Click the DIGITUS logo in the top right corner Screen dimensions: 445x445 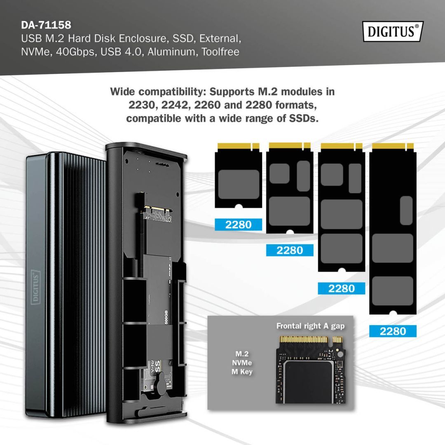coord(393,31)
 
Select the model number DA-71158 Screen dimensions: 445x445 coord(46,25)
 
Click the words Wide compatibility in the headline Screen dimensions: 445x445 coord(154,91)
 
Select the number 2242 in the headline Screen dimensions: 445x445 coord(176,105)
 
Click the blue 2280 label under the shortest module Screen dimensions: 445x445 coord(239,225)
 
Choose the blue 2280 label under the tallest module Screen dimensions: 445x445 coord(393,331)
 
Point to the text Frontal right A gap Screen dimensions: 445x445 coord(310,326)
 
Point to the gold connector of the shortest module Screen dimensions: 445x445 coord(239,146)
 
